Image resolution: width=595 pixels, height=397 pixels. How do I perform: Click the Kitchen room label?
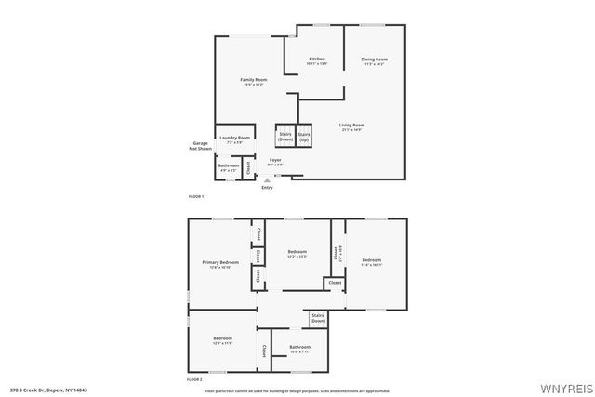317,60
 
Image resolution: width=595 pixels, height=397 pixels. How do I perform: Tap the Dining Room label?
374,60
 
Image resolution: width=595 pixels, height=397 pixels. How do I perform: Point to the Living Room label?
351,126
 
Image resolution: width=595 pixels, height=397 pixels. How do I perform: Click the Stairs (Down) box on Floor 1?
284,136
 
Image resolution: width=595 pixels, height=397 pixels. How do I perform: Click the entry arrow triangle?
268,180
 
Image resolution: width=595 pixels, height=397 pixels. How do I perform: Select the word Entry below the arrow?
268,188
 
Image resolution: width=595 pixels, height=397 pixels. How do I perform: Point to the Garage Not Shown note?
200,146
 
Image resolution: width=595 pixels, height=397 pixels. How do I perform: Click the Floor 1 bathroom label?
228,167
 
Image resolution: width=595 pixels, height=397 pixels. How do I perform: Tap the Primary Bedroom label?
221,264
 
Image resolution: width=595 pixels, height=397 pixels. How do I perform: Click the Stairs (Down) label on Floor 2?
318,318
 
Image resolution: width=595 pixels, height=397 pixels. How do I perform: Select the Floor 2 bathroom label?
299,349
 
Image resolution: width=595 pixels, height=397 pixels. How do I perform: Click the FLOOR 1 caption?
195,197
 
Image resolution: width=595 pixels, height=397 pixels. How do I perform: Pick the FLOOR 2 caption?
194,380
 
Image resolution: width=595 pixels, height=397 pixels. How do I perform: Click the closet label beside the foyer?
247,167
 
